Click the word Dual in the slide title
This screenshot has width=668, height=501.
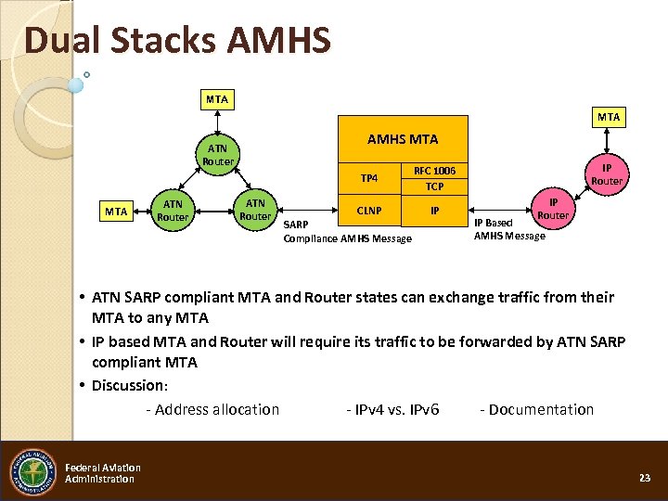pyautogui.click(x=62, y=42)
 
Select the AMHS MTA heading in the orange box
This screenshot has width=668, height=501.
pyautogui.click(x=403, y=139)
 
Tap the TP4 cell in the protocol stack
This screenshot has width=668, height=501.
pyautogui.click(x=369, y=178)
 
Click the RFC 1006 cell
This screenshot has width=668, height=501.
pyautogui.click(x=434, y=171)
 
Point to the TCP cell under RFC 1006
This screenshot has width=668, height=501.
pyautogui.click(x=434, y=186)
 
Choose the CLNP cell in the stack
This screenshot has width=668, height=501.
pyautogui.click(x=369, y=211)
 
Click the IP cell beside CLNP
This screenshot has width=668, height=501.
pyautogui.click(x=434, y=211)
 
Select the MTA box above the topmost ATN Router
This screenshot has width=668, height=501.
pyautogui.click(x=217, y=98)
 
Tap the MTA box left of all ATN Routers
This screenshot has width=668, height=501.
pyautogui.click(x=116, y=212)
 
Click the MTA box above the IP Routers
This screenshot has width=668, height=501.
pyautogui.click(x=609, y=117)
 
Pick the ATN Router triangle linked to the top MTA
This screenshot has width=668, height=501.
pyautogui.click(x=217, y=155)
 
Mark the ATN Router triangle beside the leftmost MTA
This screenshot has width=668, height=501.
pyautogui.click(x=173, y=212)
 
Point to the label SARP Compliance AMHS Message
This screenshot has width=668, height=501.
pyautogui.click(x=347, y=232)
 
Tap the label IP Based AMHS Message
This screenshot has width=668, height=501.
pyautogui.click(x=509, y=229)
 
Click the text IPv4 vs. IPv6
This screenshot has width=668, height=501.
pyautogui.click(x=392, y=409)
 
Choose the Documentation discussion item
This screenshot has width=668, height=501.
pyautogui.click(x=536, y=409)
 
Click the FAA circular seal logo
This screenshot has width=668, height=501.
pyautogui.click(x=33, y=472)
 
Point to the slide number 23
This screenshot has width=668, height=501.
pyautogui.click(x=645, y=477)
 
